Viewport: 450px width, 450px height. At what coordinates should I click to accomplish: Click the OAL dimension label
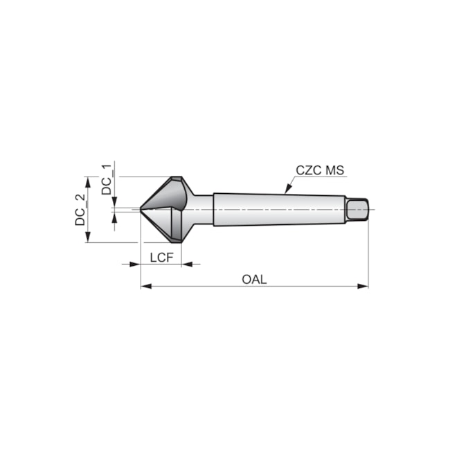coord(254,279)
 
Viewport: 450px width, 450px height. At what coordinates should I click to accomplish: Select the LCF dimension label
coord(161,257)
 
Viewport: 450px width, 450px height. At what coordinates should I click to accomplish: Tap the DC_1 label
coord(107,179)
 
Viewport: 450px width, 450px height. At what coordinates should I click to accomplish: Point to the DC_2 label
coord(81,210)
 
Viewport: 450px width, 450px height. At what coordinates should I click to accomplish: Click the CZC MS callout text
coord(320,170)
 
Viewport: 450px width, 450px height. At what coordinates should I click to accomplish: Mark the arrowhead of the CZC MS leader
coord(285,190)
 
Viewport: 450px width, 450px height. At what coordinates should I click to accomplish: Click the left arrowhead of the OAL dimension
coord(145,286)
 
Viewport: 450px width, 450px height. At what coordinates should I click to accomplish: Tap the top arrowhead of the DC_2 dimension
coord(87,181)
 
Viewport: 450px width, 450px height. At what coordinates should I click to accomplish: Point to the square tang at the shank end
coord(357,208)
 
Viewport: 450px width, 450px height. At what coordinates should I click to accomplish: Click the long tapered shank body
coord(277,209)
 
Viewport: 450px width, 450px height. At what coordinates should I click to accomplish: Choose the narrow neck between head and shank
coord(202,209)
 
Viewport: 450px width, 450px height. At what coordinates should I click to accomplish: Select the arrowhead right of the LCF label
coord(186,264)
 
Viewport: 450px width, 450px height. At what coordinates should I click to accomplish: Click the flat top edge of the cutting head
coord(176,177)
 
